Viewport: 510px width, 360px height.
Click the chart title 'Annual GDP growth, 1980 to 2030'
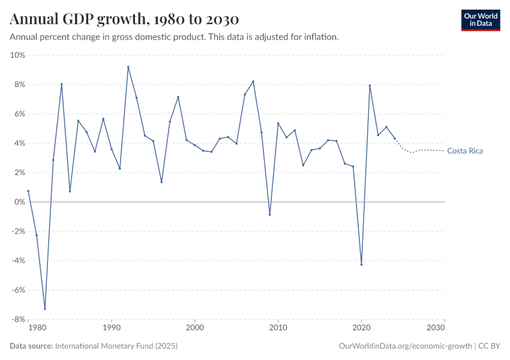coord(124,19)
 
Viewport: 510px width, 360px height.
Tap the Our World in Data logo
coord(480,20)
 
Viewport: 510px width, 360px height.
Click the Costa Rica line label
coord(465,151)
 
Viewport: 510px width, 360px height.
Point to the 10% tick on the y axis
coord(18,55)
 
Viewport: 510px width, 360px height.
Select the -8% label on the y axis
coord(17,319)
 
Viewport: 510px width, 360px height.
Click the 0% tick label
coord(19,202)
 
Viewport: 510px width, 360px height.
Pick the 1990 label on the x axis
coord(111,328)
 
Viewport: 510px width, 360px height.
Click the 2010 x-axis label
coord(278,328)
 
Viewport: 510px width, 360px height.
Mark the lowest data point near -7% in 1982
coord(45,309)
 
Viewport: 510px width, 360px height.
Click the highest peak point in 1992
coord(128,67)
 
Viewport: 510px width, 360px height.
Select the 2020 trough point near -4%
coord(361,265)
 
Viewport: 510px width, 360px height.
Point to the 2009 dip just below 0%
coord(269,215)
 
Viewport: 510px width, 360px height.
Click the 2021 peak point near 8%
coord(370,85)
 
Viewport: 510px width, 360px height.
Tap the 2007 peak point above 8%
coord(253,81)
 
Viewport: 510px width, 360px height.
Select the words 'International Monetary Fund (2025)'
coord(116,346)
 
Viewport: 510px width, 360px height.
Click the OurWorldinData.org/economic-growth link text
coord(405,346)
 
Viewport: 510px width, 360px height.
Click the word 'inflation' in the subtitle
coord(322,37)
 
